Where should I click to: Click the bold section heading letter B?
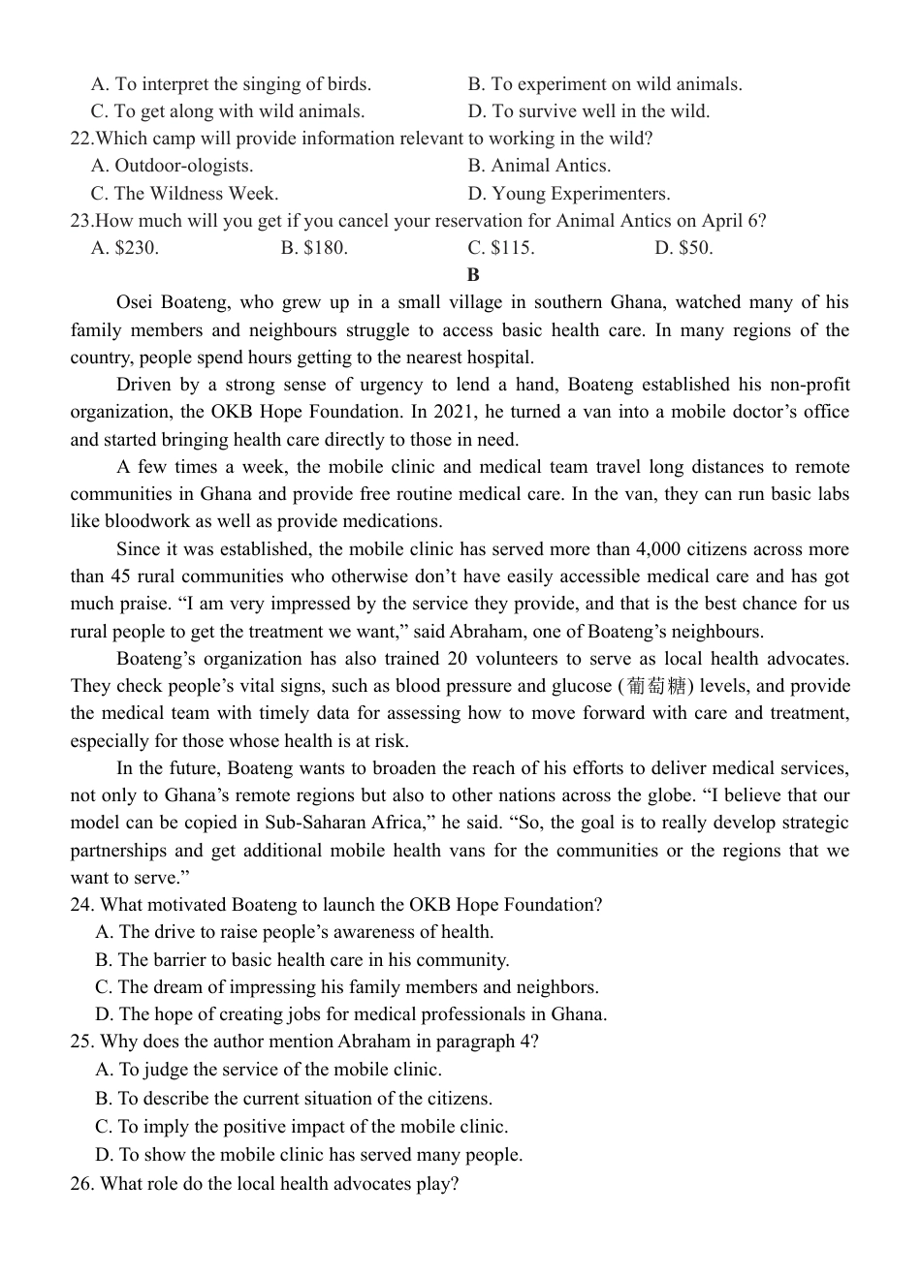[x=473, y=275]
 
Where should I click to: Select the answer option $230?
[x=125, y=248]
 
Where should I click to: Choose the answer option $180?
[x=314, y=248]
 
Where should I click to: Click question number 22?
[x=81, y=139]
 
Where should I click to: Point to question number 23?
[x=81, y=221]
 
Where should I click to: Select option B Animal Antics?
[x=539, y=166]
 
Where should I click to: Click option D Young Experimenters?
[x=568, y=194]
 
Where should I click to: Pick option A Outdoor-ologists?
[x=172, y=166]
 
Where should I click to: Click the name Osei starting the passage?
[x=137, y=302]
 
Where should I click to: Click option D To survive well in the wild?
[x=588, y=111]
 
